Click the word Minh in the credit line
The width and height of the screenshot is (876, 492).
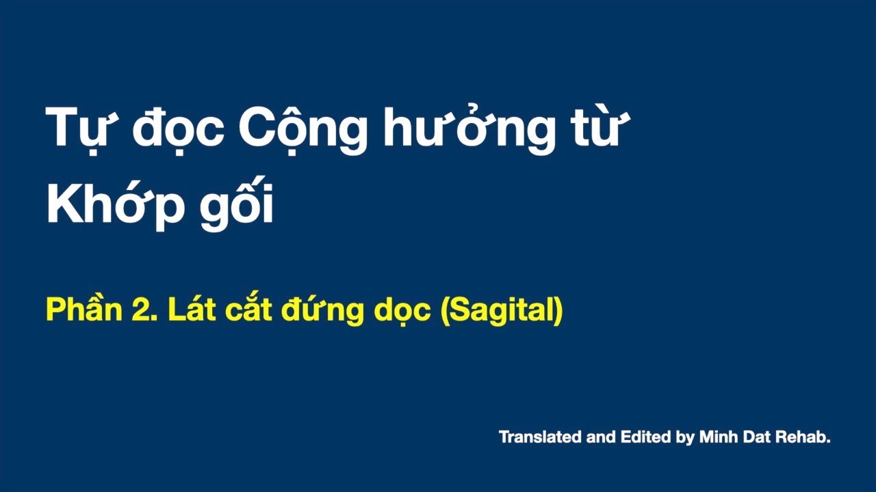coord(718,437)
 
